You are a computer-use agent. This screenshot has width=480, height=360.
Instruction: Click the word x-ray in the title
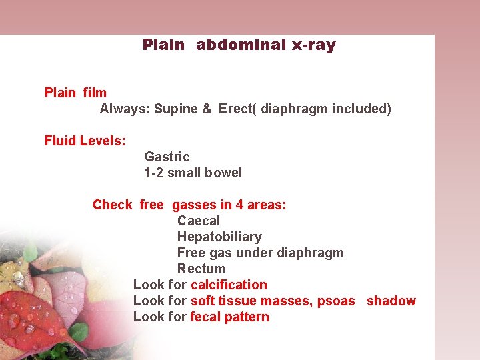click(x=313, y=45)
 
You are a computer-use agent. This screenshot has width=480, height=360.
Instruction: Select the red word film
click(x=95, y=93)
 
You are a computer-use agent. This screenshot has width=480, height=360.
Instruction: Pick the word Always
click(x=123, y=109)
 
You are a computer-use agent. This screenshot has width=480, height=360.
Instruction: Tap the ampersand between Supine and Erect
click(x=207, y=109)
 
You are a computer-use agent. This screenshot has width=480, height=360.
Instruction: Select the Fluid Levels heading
click(x=85, y=141)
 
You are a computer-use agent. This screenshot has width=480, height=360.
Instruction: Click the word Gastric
click(x=167, y=157)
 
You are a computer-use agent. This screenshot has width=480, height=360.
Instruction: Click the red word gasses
click(x=194, y=205)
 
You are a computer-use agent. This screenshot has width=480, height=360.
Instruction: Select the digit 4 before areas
click(x=239, y=205)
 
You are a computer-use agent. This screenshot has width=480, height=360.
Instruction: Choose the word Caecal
click(x=198, y=221)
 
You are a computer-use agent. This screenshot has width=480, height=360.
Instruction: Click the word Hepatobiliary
click(x=219, y=237)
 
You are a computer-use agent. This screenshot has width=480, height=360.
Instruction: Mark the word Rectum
click(x=201, y=269)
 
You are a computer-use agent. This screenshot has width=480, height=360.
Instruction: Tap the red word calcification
click(x=229, y=285)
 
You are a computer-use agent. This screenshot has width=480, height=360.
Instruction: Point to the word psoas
click(x=336, y=301)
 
